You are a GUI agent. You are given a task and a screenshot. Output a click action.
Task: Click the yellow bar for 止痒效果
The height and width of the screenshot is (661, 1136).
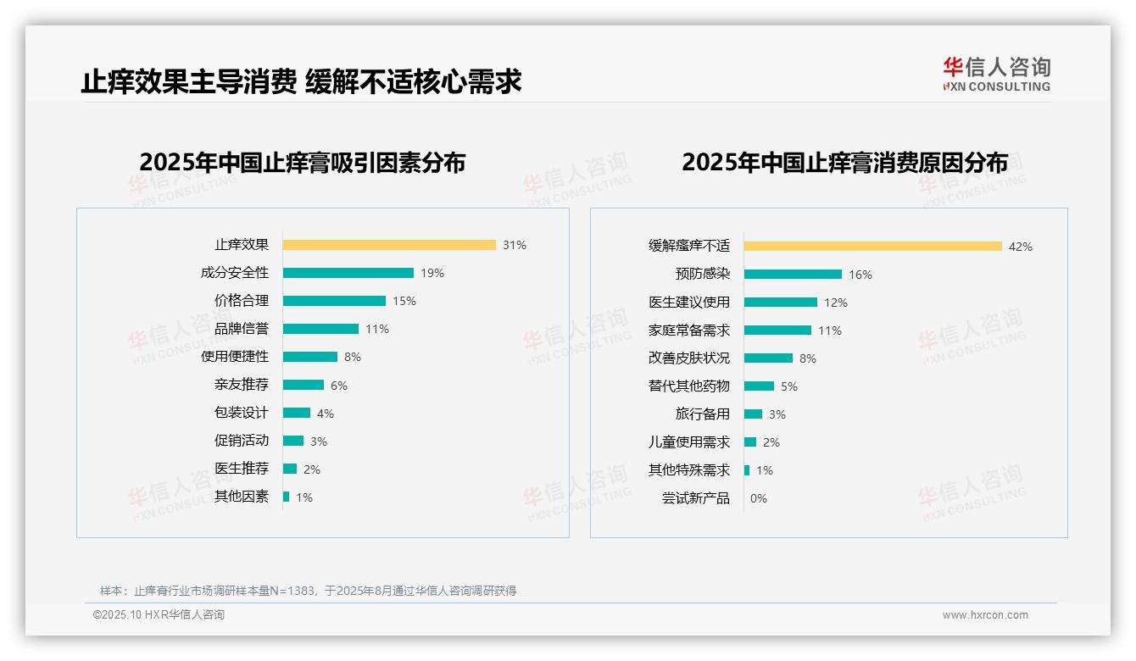[389, 245]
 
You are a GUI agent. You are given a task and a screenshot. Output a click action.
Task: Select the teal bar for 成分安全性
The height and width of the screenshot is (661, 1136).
[348, 273]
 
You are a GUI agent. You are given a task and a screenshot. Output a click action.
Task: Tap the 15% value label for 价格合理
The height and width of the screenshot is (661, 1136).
[404, 301]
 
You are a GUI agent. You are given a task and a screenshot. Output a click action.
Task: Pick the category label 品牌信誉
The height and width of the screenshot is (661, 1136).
[242, 329]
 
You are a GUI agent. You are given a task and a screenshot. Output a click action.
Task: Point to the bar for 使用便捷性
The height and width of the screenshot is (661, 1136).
[310, 357]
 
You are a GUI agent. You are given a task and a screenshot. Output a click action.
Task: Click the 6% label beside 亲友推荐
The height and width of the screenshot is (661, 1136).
[339, 386]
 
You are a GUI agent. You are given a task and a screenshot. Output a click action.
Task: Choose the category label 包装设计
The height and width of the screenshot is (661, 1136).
[242, 413]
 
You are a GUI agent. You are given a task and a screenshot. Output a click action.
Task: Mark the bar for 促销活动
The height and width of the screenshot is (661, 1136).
[293, 441]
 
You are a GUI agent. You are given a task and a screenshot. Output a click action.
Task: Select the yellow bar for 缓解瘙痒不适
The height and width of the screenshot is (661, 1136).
[873, 247]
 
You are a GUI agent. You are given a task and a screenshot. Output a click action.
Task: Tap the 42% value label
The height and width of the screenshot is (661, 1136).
[1021, 247]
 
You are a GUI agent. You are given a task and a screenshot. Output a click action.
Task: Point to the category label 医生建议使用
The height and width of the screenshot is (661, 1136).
[689, 303]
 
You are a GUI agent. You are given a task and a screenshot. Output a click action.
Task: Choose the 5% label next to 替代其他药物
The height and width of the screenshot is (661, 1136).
[789, 386]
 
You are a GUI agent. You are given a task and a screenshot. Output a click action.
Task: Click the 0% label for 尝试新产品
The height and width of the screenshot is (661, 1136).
[759, 498]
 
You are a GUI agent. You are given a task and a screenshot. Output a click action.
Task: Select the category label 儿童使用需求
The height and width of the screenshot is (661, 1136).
[689, 442]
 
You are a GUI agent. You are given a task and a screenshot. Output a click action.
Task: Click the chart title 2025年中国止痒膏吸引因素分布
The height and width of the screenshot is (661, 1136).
[303, 162]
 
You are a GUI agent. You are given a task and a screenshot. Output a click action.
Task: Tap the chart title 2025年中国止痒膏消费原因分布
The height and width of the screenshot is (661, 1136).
[844, 162]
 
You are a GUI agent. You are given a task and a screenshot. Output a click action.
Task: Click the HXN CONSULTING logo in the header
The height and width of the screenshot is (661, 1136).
[996, 75]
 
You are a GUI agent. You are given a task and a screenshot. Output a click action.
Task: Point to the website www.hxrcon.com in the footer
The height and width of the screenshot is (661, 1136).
[985, 615]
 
